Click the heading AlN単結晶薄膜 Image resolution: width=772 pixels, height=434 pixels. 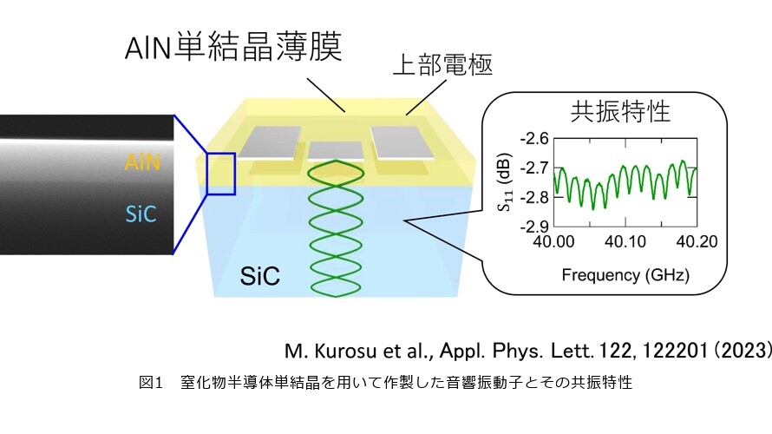(233, 47)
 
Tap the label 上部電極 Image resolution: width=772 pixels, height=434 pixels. (442, 65)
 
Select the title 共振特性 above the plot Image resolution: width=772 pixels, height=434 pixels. (620, 111)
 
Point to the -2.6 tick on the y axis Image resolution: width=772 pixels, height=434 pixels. (534, 138)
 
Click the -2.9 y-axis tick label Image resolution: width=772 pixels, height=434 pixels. (534, 226)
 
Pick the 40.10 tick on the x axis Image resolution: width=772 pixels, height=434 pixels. (625, 241)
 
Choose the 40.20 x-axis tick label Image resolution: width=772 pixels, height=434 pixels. (697, 241)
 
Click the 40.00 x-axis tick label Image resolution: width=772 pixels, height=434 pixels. (554, 241)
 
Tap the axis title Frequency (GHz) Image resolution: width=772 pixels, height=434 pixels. (625, 274)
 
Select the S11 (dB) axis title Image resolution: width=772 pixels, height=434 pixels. (506, 182)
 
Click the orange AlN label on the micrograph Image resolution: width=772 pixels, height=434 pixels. (142, 162)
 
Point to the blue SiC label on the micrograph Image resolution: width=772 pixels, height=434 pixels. (141, 214)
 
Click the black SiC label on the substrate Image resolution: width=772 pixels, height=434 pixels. (259, 276)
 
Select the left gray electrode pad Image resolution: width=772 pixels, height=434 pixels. (270, 142)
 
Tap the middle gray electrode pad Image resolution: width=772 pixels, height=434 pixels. (336, 151)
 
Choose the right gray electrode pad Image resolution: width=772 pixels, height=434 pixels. (403, 143)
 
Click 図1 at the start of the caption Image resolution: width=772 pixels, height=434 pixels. (151, 382)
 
